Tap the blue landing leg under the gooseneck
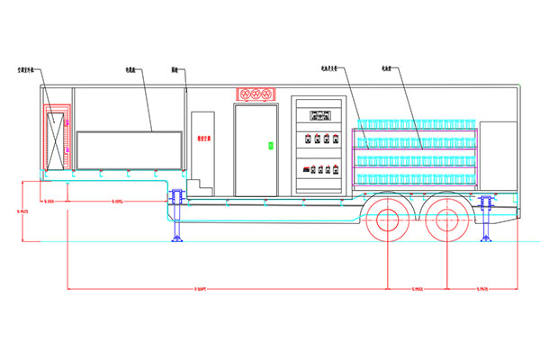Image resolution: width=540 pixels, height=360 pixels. click(176, 217)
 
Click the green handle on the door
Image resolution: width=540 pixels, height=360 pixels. click(269, 144)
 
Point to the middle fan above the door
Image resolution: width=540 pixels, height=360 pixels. click(254, 94)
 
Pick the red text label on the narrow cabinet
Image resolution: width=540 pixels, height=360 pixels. click(203, 139)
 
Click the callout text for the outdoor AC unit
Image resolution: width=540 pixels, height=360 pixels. click(28, 68)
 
